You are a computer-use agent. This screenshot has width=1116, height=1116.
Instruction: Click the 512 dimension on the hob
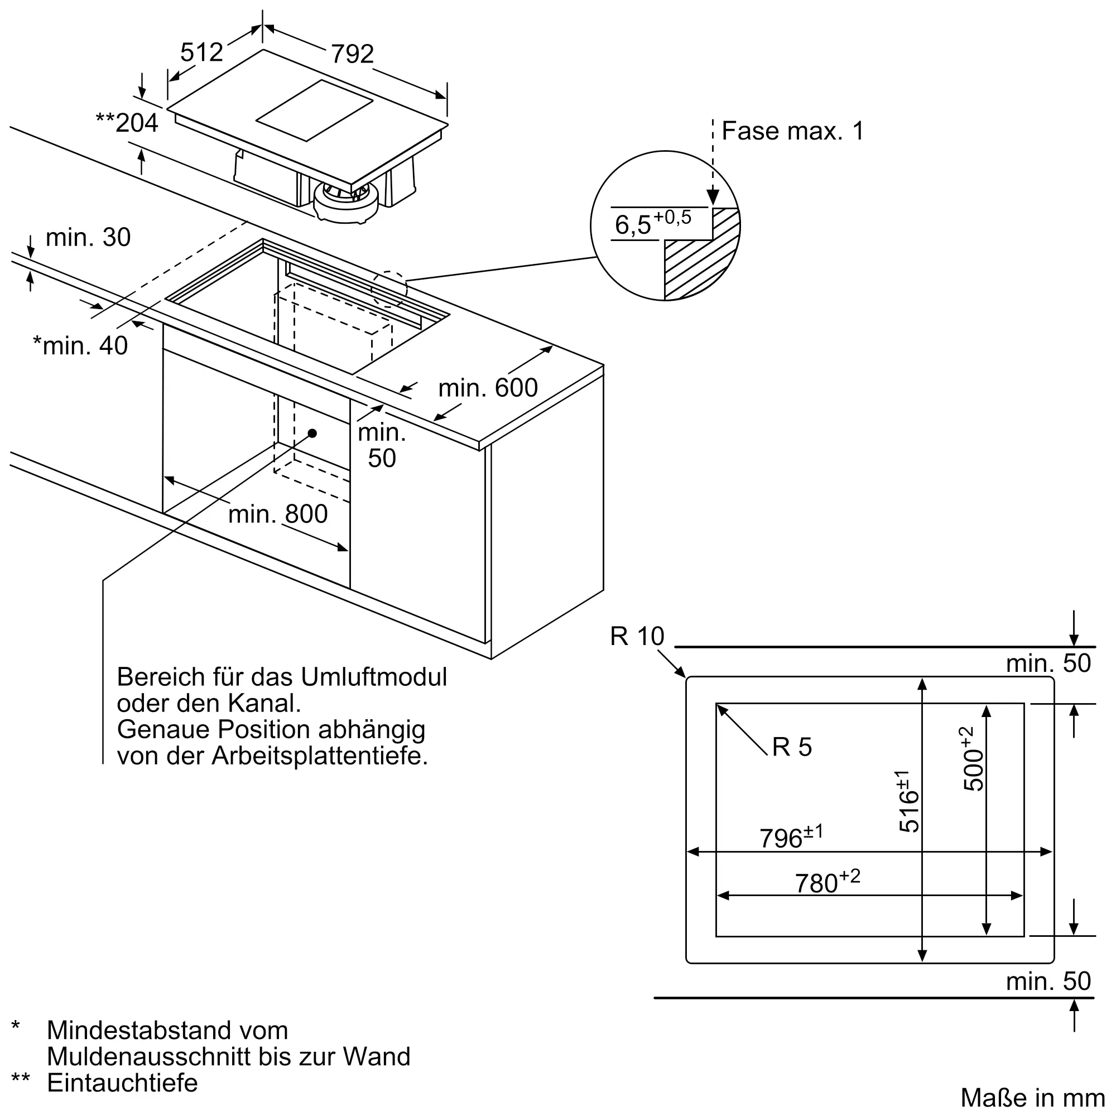pyautogui.click(x=201, y=52)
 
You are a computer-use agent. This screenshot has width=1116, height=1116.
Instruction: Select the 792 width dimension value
pyautogui.click(x=352, y=54)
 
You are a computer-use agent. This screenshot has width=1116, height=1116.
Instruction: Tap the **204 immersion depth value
pyautogui.click(x=128, y=123)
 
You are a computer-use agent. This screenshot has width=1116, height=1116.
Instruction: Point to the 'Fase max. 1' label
pyautogui.click(x=792, y=131)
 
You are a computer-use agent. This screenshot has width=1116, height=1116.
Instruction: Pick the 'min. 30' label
pyautogui.click(x=88, y=237)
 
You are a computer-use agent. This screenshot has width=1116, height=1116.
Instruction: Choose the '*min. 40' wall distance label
pyautogui.click(x=80, y=345)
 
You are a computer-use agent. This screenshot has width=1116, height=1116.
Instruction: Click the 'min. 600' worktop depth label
pyautogui.click(x=488, y=388)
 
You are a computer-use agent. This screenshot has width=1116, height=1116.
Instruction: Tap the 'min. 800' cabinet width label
pyautogui.click(x=278, y=514)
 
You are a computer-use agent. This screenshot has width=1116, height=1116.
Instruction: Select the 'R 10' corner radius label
pyautogui.click(x=637, y=637)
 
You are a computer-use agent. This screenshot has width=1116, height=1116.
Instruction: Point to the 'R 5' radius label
pyautogui.click(x=791, y=748)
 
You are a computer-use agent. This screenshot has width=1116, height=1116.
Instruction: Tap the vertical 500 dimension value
pyautogui.click(x=973, y=759)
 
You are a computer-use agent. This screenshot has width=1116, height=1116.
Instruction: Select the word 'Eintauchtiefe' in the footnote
pyautogui.click(x=122, y=1083)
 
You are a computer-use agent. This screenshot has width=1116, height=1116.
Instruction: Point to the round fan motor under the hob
pyautogui.click(x=346, y=202)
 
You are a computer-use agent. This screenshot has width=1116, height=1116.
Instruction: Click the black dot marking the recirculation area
pyautogui.click(x=312, y=433)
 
